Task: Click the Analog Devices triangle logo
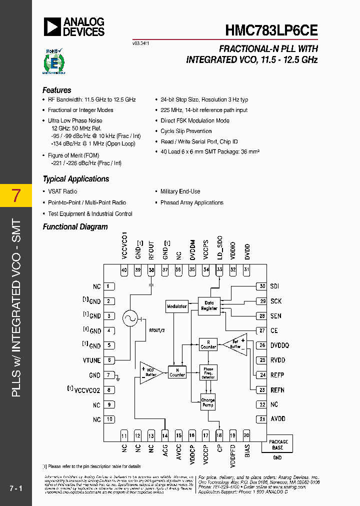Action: (52, 26)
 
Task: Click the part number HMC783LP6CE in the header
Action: (270, 29)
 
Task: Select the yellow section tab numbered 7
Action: (16, 195)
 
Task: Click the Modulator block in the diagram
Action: (176, 306)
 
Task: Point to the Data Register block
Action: (209, 305)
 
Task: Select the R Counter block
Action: (208, 344)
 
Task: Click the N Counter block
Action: (177, 372)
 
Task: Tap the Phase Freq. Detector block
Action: (208, 372)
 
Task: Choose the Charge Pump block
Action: (208, 402)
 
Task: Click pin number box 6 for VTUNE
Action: (109, 360)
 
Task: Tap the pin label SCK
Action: (276, 301)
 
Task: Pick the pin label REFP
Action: (278, 375)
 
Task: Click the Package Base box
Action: (278, 444)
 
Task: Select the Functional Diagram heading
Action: (75, 227)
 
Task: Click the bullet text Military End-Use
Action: (180, 191)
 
